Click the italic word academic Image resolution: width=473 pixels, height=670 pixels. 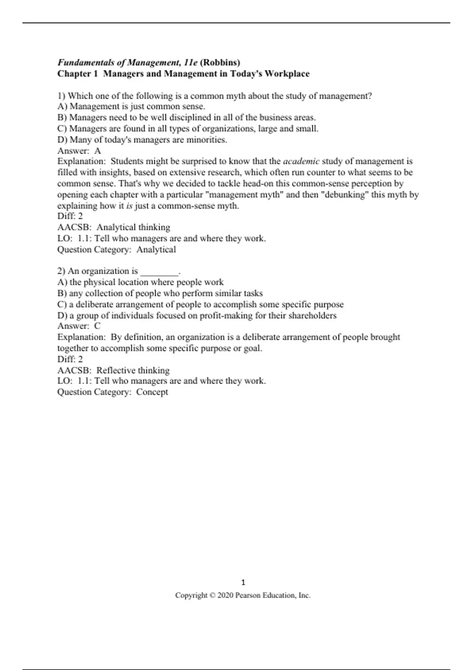(x=301, y=161)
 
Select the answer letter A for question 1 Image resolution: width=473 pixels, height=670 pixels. (x=97, y=151)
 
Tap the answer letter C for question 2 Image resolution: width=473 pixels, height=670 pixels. (x=97, y=326)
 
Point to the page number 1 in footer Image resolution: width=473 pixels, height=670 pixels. (x=243, y=583)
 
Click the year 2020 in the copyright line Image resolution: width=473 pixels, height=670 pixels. (x=225, y=596)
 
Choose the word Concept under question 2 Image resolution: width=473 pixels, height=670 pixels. (x=152, y=392)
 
